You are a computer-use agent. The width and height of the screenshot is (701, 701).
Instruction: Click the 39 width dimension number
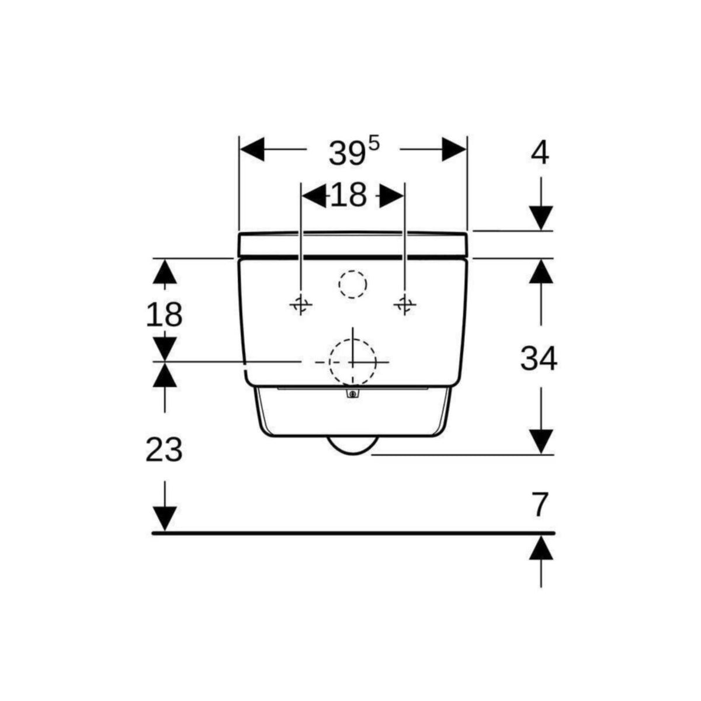(346, 154)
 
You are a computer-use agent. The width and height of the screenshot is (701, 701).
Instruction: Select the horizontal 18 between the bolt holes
(348, 195)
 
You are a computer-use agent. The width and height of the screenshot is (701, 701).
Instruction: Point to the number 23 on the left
(164, 450)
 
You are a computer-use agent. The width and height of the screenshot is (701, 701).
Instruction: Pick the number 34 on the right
(539, 359)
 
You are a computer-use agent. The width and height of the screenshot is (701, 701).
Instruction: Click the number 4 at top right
(540, 153)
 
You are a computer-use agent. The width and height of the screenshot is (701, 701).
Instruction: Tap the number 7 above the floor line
(540, 506)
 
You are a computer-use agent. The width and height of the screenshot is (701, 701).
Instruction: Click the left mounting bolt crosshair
(301, 304)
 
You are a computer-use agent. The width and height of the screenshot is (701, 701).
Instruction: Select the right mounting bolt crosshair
(404, 304)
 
